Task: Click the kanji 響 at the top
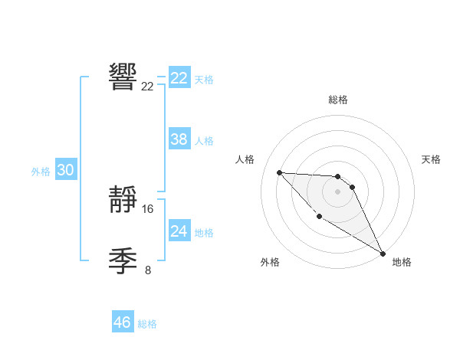pyautogui.click(x=123, y=77)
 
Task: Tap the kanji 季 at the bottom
pyautogui.click(x=123, y=262)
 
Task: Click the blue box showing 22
pyautogui.click(x=179, y=78)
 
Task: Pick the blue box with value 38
pyautogui.click(x=179, y=139)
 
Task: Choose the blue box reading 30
pyautogui.click(x=65, y=170)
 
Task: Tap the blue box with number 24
pyautogui.click(x=179, y=231)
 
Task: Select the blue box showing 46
pyautogui.click(x=123, y=322)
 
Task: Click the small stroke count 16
pyautogui.click(x=148, y=209)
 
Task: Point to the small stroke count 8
pyautogui.click(x=148, y=270)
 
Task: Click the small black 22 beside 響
pyautogui.click(x=148, y=87)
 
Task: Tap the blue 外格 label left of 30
pyautogui.click(x=41, y=172)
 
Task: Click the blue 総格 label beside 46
pyautogui.click(x=147, y=324)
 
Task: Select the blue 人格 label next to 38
pyautogui.click(x=204, y=141)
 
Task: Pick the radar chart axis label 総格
pyautogui.click(x=337, y=100)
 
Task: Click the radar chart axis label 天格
pyautogui.click(x=431, y=159)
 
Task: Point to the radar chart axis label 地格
pyautogui.click(x=402, y=262)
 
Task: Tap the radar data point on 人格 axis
pyautogui.click(x=279, y=172)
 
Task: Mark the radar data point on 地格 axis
pyautogui.click(x=383, y=253)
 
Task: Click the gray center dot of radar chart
pyautogui.click(x=337, y=191)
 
